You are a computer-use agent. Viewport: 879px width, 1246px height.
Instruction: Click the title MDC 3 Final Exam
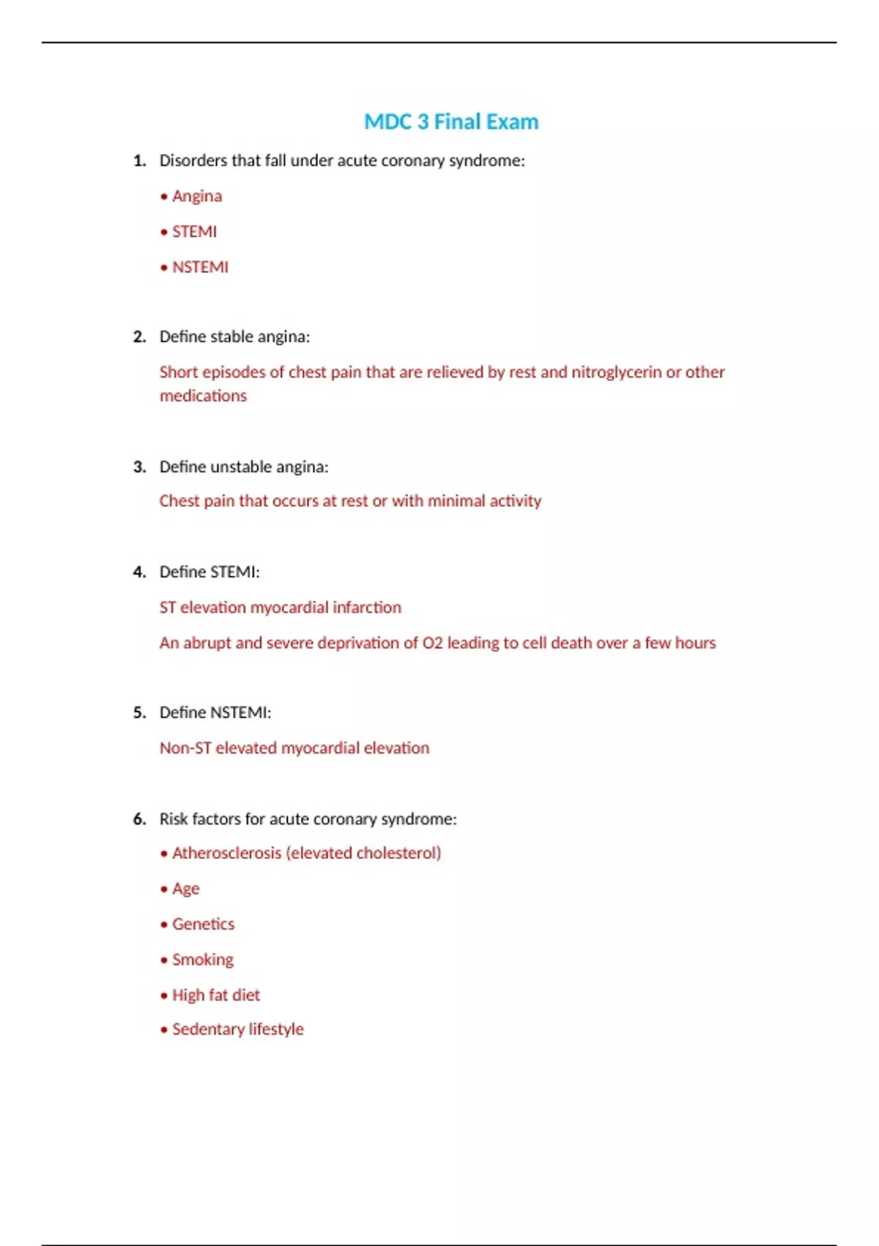pos(451,122)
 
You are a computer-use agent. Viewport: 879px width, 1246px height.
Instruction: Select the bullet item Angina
pos(196,196)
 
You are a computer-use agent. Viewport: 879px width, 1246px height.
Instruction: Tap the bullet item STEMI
pos(194,232)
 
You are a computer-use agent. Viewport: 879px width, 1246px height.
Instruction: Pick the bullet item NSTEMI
pos(200,268)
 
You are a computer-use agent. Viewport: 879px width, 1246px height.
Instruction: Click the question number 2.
pos(139,336)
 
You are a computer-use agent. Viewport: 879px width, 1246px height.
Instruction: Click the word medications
pos(203,396)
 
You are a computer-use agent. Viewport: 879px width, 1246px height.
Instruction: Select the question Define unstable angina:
pos(244,467)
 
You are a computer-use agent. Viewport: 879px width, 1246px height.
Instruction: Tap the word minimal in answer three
pos(456,501)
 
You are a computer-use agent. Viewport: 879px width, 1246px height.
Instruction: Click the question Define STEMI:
pos(209,572)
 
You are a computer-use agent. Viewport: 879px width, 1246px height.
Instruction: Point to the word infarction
pos(367,608)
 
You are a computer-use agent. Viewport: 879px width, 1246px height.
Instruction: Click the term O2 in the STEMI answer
pos(433,643)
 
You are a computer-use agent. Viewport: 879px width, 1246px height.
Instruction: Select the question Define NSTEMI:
pos(215,712)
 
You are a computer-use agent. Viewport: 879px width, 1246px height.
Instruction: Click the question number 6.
pos(139,819)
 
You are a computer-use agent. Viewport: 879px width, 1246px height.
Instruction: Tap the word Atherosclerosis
pos(226,853)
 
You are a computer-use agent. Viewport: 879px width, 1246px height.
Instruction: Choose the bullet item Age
pos(185,889)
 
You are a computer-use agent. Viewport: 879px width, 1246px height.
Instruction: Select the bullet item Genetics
pos(203,924)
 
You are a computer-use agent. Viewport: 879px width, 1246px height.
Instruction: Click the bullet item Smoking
pos(202,960)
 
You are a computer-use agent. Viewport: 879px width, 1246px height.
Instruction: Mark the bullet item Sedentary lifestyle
pos(237,1029)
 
